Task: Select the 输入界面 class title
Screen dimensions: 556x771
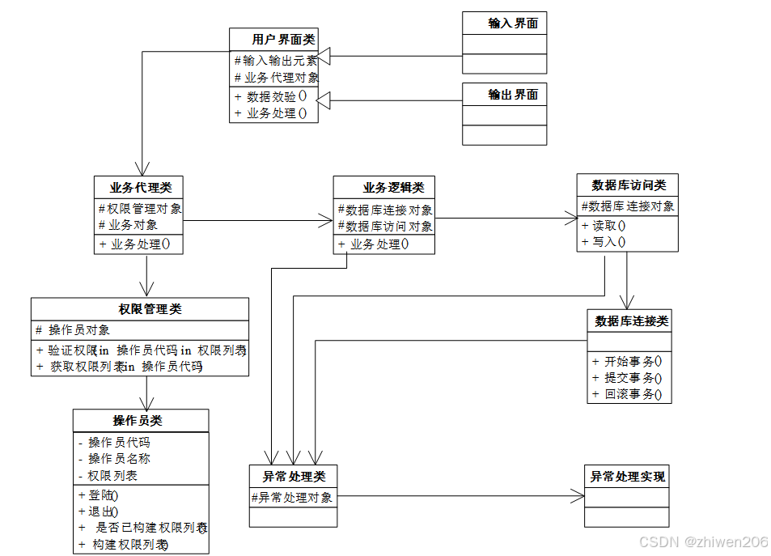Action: (x=513, y=23)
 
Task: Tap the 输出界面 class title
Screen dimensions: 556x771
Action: (x=513, y=95)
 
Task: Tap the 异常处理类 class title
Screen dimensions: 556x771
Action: (x=294, y=477)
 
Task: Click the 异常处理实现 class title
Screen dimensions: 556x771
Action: (x=627, y=477)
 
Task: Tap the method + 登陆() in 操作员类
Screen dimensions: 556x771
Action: (x=98, y=494)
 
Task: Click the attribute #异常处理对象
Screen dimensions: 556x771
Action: (x=292, y=498)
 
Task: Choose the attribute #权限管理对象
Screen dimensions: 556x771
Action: (x=140, y=209)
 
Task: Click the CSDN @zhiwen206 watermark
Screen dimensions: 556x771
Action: (x=703, y=542)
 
